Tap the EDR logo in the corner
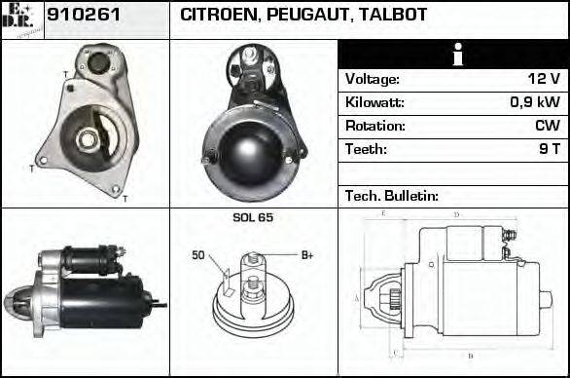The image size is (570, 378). point(21,19)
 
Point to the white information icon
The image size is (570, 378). point(452,56)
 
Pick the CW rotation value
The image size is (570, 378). point(547,127)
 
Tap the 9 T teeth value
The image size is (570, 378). point(549,150)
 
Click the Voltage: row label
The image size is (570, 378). point(373,80)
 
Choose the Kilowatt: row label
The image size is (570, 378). point(374,103)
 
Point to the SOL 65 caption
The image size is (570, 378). point(253,217)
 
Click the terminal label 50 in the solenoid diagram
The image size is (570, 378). point(198,256)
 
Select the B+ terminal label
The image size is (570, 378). point(307,255)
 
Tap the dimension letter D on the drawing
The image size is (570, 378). point(456,213)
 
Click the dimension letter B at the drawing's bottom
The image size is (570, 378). point(471,356)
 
